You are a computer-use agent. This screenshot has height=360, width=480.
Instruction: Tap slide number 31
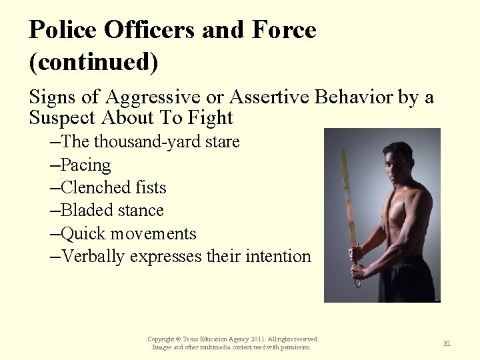(x=447, y=343)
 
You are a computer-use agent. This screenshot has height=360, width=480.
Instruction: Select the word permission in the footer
(x=295, y=347)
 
